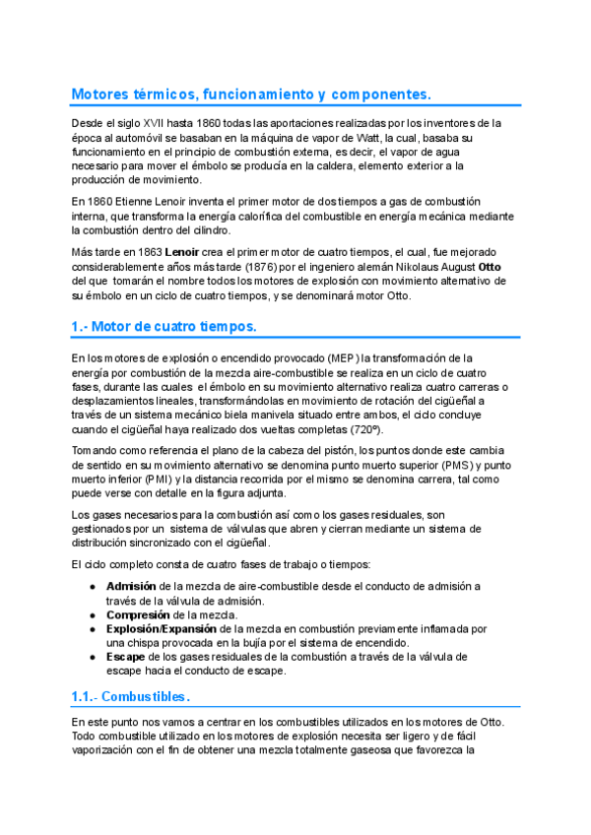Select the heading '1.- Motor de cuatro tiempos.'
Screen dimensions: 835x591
point(164,326)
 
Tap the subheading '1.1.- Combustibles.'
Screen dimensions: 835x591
point(130,697)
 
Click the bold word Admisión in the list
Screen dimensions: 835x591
point(131,586)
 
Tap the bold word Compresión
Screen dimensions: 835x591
point(138,614)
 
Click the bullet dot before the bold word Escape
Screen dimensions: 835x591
point(92,657)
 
